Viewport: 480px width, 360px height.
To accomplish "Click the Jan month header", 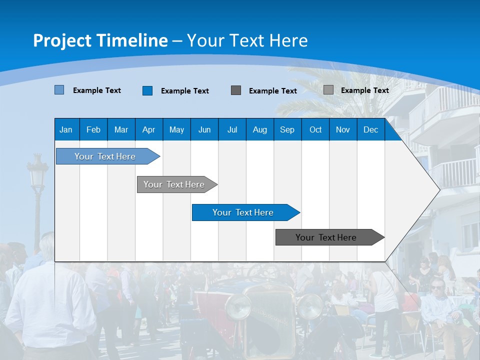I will click(66, 130).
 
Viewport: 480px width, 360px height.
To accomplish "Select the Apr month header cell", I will click(149, 130).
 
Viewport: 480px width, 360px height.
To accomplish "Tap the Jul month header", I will click(232, 130).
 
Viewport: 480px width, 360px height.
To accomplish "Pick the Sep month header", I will click(287, 130).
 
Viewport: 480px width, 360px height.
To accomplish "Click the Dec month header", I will click(370, 130).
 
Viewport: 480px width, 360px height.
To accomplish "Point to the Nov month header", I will click(342, 130).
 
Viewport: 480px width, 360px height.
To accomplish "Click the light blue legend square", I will click(59, 90).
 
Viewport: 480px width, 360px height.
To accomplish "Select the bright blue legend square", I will click(147, 90).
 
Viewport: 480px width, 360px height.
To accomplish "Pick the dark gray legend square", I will click(236, 90).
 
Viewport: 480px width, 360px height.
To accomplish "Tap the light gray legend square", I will click(328, 90).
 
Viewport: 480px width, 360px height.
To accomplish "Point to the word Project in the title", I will click(61, 40).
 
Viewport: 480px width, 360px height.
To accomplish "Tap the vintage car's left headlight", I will click(238, 306).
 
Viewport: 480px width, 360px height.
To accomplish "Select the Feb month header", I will click(93, 130).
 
